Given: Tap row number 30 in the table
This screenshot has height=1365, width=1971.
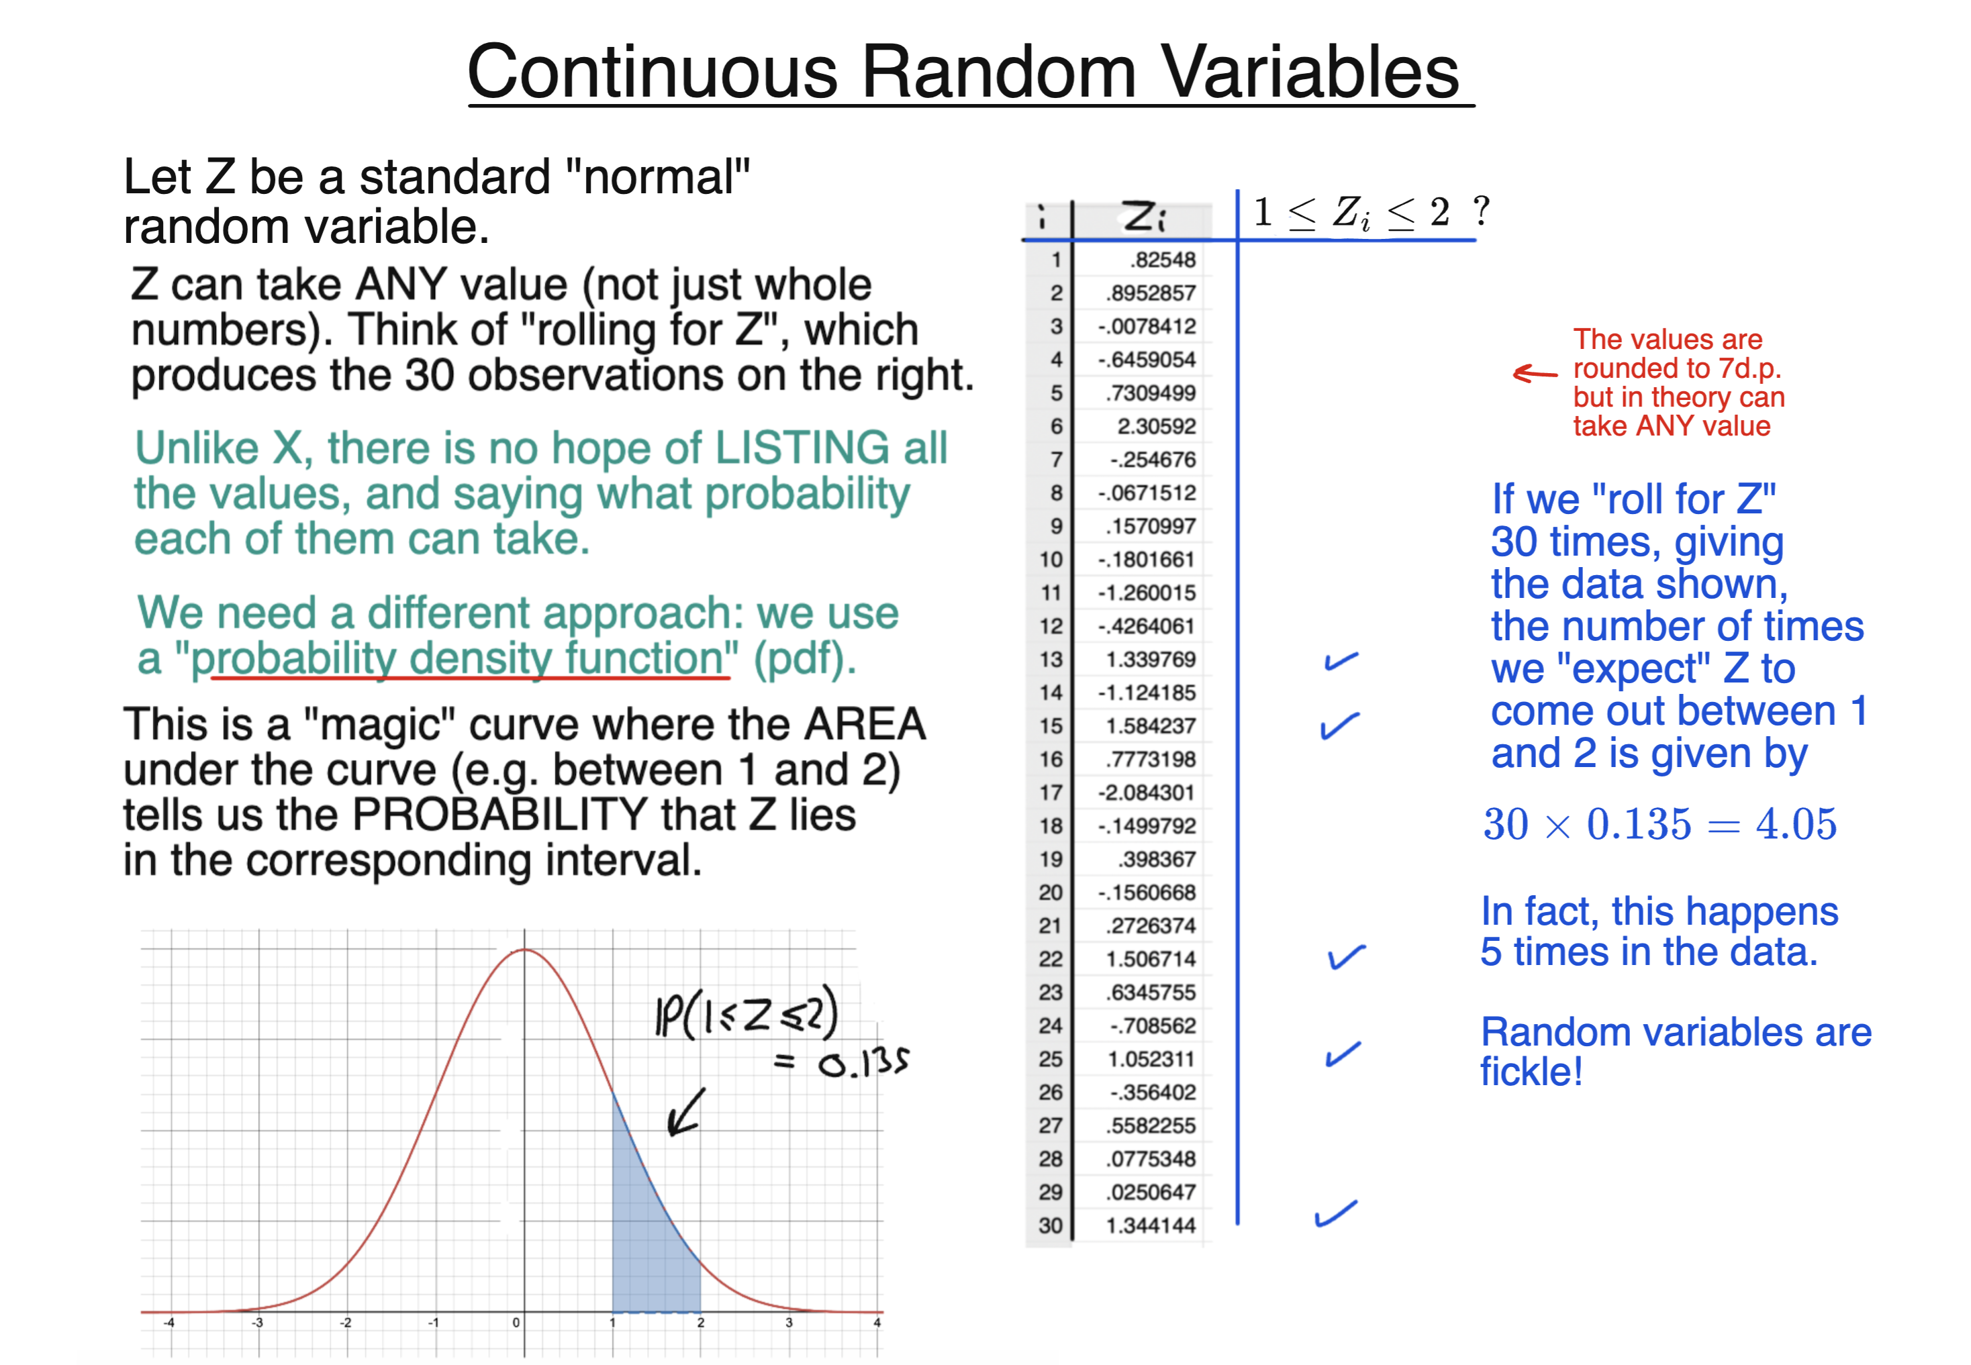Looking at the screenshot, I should tap(1051, 1225).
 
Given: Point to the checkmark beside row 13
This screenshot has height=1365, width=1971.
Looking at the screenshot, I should tap(1341, 660).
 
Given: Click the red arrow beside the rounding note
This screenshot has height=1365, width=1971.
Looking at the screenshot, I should tap(1535, 373).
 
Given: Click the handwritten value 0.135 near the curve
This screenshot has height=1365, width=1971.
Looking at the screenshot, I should tap(862, 1063).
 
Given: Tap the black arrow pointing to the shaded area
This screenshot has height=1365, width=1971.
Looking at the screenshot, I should tap(685, 1113).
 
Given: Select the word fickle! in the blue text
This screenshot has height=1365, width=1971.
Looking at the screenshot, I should tap(1531, 1072).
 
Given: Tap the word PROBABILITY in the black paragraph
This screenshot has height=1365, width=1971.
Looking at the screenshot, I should tap(499, 815).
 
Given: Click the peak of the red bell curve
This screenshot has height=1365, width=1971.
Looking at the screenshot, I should tap(524, 950).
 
